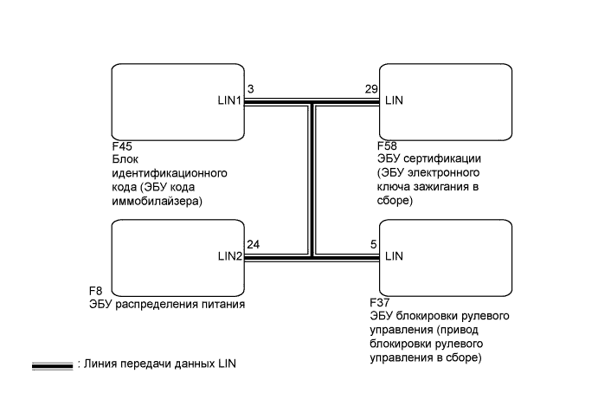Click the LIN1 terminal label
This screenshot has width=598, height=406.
pos(229,100)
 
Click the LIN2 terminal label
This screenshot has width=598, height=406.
pos(229,256)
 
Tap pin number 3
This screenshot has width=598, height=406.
pos(250,89)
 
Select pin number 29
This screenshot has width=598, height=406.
pos(372,89)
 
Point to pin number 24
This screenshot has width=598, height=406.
pos(253,244)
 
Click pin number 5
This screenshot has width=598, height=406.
pos(374,244)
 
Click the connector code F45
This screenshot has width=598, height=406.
pos(122,147)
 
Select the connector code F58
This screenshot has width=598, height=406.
pos(389,147)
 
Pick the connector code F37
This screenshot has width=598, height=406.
pos(379,302)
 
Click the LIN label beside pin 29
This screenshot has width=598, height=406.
pos(394,100)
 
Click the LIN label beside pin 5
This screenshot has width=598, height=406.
pos(394,256)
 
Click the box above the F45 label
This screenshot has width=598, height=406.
pos(177,100)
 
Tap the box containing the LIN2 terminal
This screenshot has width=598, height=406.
pos(177,256)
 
